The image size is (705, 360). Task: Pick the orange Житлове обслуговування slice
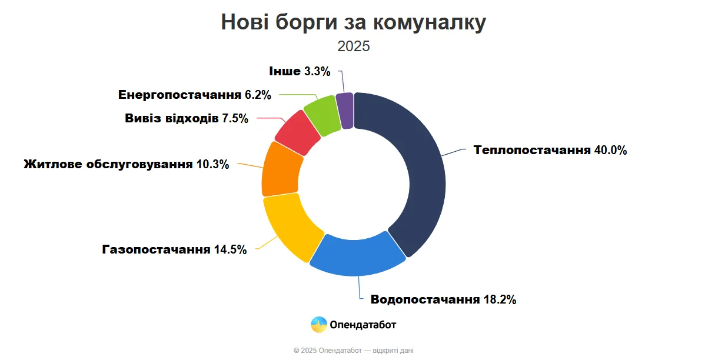pos(281,169)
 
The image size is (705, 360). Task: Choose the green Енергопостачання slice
pos(322,114)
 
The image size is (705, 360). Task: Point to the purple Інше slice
pos(345,110)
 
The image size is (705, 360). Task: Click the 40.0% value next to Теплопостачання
pos(610,150)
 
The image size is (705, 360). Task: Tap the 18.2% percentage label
pos(499,300)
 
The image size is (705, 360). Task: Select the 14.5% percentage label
pos(230,249)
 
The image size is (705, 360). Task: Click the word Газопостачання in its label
pos(156,249)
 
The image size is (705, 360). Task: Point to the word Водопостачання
pos(425,300)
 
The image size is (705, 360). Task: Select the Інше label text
pos(285,71)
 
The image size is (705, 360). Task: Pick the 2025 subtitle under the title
pos(354,46)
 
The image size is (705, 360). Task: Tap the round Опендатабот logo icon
pos(319,324)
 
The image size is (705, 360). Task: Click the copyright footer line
pos(353,351)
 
